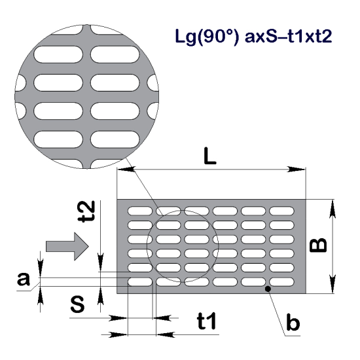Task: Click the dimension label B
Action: [318, 245]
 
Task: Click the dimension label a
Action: [24, 279]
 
